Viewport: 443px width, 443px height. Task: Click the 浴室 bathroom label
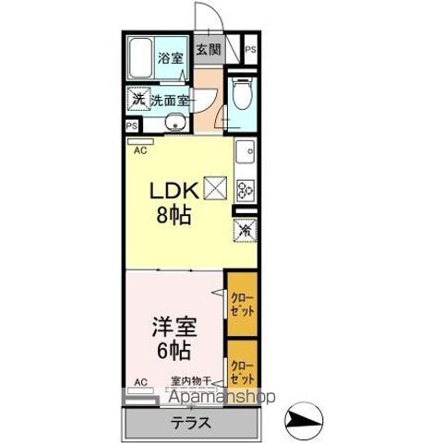coord(171,58)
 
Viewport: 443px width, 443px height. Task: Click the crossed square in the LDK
coord(215,186)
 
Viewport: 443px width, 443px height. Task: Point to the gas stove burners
coord(245,190)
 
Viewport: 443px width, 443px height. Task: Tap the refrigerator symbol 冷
coord(245,232)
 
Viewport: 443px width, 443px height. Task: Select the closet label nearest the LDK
coord(242,305)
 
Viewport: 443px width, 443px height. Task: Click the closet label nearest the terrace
coord(242,373)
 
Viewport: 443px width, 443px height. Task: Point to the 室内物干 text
coord(192,380)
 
